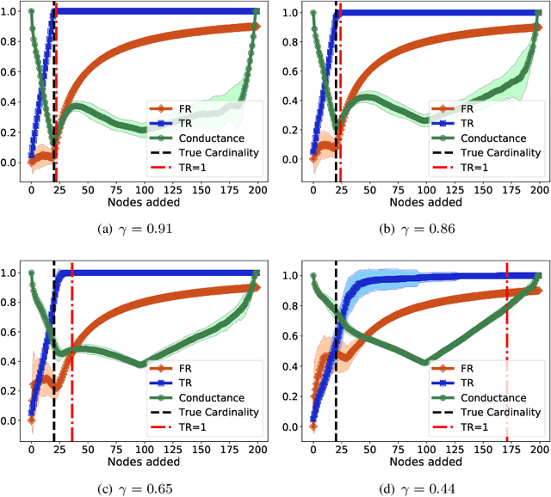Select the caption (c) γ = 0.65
(x=139, y=488)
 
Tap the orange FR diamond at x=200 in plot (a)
(x=256, y=27)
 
